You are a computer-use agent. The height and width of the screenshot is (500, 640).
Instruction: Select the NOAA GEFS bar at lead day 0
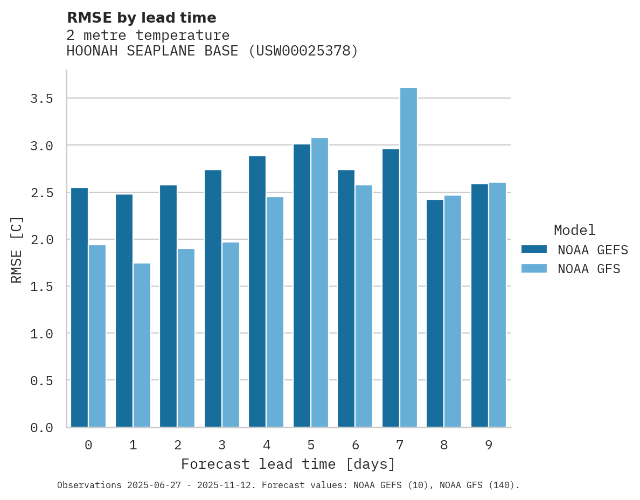point(79,307)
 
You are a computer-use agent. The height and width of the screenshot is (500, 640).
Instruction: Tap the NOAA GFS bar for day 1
point(142,345)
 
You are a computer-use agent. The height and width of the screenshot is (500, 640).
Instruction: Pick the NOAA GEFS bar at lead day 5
point(302,286)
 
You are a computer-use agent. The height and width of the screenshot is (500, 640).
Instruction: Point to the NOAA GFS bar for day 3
point(231,335)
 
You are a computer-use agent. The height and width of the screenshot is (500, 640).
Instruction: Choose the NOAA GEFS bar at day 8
point(435,313)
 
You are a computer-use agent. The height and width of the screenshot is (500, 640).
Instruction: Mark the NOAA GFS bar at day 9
point(497,304)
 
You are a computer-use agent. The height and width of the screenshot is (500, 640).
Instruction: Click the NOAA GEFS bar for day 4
point(257,291)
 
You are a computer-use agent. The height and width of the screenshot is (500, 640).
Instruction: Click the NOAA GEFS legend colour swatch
point(534,249)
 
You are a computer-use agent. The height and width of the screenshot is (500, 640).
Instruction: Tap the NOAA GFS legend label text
point(589,269)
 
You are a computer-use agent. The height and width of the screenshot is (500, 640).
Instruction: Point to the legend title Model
point(574,230)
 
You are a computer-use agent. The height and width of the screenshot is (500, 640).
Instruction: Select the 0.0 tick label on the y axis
point(41,428)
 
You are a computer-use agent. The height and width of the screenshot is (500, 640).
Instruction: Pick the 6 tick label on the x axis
point(355,445)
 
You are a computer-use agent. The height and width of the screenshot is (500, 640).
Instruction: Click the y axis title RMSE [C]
point(17,249)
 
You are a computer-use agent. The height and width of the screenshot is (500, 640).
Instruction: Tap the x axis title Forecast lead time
point(288,464)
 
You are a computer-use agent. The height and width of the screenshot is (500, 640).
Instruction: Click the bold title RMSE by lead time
point(141,18)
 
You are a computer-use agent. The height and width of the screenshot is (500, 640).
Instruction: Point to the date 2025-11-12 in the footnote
point(226,485)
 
